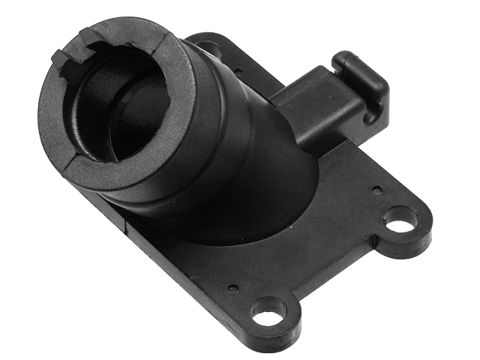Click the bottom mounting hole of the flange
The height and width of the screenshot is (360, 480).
pos(268,311)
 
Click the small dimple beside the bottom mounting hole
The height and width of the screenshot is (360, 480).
pos(234,288)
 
